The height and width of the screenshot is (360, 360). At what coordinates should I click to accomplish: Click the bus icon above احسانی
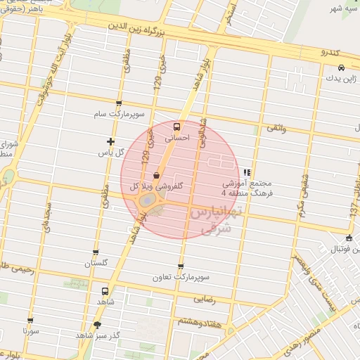coord(176,127)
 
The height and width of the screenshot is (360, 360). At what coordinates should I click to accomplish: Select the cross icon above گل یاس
coord(110,141)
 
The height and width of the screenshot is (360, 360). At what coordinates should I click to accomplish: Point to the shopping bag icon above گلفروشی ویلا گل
coord(156,176)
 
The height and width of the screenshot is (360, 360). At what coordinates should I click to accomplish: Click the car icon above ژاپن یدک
coord(340,67)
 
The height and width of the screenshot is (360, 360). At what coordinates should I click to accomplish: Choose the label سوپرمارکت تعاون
coord(181,277)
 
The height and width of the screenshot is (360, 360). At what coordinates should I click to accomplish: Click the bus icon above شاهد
coord(105,290)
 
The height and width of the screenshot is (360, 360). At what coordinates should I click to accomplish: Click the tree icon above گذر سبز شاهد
coord(97,325)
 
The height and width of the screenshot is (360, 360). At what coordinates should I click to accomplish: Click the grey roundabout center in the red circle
coord(146,201)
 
